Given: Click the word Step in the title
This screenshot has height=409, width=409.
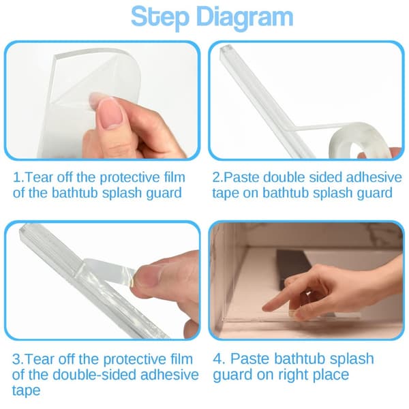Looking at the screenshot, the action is click(x=160, y=17).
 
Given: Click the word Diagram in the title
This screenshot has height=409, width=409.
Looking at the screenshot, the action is click(x=245, y=18).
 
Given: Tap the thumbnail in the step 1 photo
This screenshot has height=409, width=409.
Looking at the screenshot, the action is click(x=111, y=112).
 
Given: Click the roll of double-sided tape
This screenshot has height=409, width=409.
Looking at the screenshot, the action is click(x=359, y=141).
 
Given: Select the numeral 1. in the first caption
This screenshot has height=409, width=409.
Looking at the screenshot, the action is click(x=18, y=178).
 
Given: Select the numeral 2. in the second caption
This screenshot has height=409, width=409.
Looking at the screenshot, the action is click(x=218, y=178).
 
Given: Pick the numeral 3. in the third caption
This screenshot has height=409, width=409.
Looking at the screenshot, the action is click(x=18, y=359).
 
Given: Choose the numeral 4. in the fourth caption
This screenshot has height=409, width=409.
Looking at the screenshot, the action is click(x=219, y=359).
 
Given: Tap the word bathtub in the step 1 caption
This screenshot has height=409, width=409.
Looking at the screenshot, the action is click(x=74, y=193).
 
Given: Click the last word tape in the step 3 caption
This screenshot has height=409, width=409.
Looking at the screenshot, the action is click(x=26, y=391).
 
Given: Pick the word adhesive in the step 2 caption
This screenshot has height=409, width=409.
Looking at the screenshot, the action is click(x=374, y=178).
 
